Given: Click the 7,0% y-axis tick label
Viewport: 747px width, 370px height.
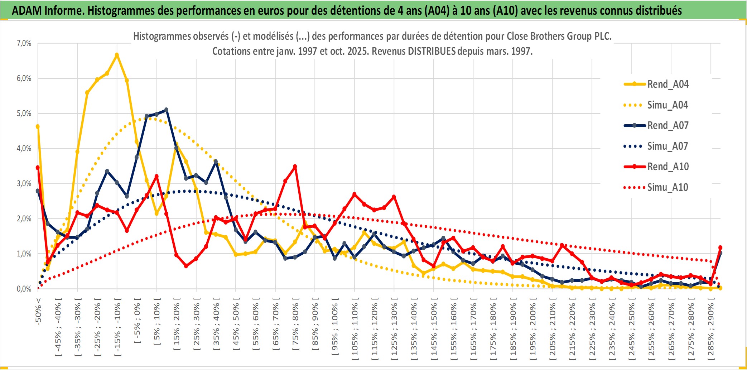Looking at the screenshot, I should tap(24, 43).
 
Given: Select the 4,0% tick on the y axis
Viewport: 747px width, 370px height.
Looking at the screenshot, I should tap(24, 148).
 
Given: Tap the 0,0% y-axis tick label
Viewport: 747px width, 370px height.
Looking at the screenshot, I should tap(24, 289).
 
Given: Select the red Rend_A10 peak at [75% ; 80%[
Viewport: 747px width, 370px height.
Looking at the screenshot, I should tap(295, 167).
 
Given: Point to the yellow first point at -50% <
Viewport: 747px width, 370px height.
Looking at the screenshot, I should tap(38, 126).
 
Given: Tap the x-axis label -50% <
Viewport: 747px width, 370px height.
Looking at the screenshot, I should tap(38, 312).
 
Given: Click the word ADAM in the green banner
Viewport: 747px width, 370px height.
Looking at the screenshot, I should tap(27, 11).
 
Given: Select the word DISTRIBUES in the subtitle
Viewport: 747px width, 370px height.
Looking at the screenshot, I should tap(432, 51).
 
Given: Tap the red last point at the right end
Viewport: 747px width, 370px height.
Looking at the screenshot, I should tap(720, 248).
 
